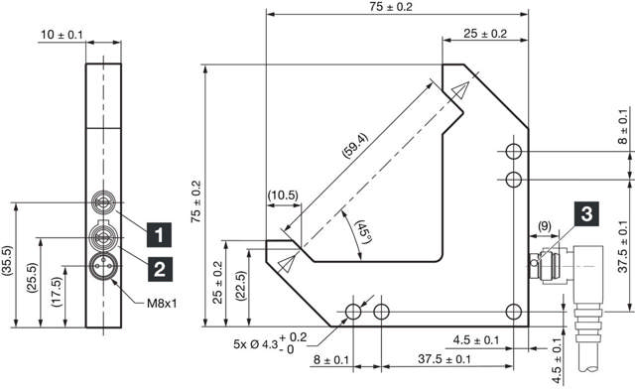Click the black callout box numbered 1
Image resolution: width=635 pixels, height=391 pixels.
[x=157, y=235]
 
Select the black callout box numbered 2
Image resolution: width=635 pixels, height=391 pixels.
[x=157, y=265]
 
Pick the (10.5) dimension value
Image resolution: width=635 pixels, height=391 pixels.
[x=283, y=195]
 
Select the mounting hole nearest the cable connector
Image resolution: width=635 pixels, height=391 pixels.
[x=513, y=309]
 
